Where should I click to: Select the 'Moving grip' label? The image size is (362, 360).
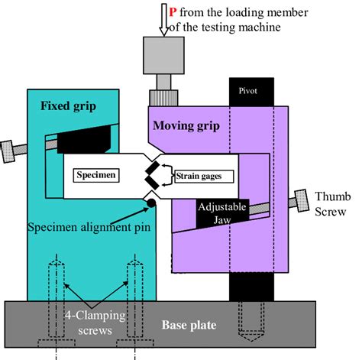pos(188,125)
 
